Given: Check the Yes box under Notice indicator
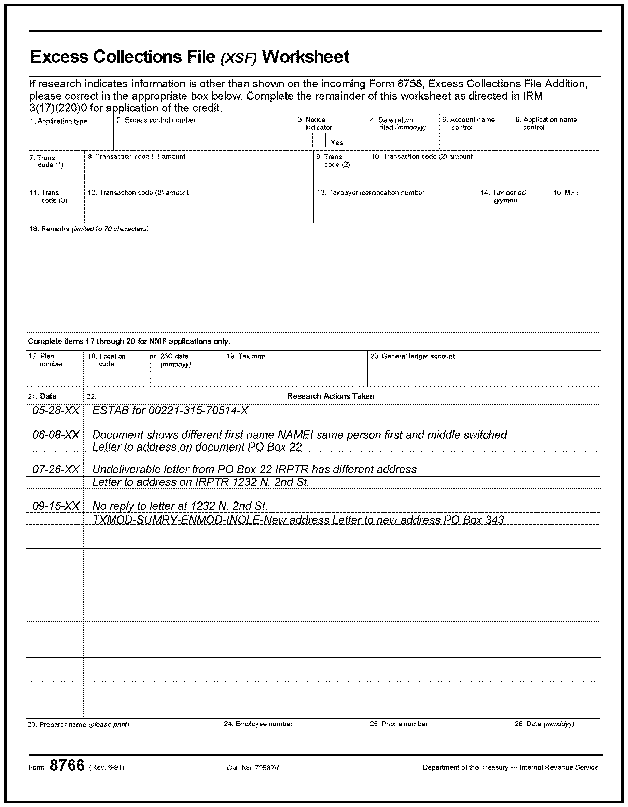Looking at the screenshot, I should pyautogui.click(x=319, y=140).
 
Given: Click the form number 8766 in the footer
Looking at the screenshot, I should pyautogui.click(x=67, y=766).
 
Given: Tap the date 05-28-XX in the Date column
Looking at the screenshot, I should pyautogui.click(x=56, y=410).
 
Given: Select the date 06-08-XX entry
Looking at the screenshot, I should pyautogui.click(x=56, y=435).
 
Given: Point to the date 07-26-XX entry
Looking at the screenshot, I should pyautogui.click(x=56, y=469).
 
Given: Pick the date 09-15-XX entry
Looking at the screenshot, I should pyautogui.click(x=56, y=506).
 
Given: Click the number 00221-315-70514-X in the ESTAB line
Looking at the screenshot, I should pyautogui.click(x=198, y=410).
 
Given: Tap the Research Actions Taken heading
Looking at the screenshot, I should pyautogui.click(x=331, y=396).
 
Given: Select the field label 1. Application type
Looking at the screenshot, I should pyautogui.click(x=59, y=121).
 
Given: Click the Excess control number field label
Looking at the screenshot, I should pyautogui.click(x=156, y=120).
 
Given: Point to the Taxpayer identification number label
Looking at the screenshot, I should pyautogui.click(x=371, y=193).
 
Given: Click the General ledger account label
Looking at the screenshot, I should pyautogui.click(x=413, y=356).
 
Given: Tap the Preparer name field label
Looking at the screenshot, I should pyautogui.click(x=78, y=725).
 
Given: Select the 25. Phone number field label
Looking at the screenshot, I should pyautogui.click(x=399, y=724).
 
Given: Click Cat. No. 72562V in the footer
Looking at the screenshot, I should pyautogui.click(x=253, y=768).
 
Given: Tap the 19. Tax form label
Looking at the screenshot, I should pyautogui.click(x=246, y=356).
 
